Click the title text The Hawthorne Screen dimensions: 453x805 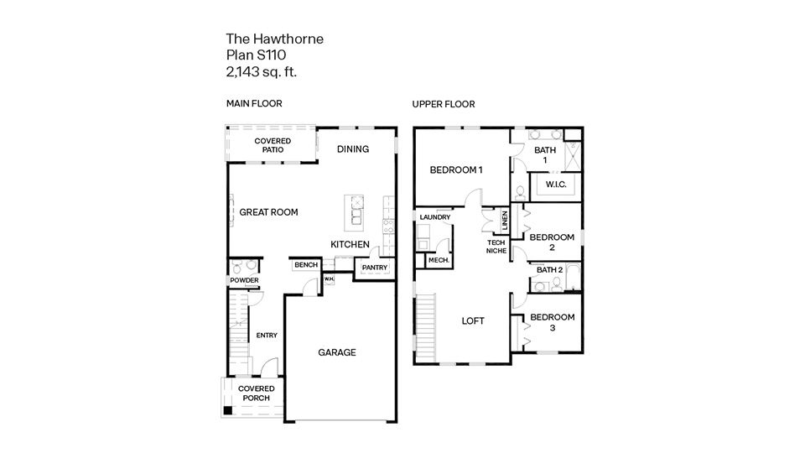pos(274,39)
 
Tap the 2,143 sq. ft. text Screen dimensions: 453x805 pos(262,72)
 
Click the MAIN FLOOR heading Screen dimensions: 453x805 pos(254,104)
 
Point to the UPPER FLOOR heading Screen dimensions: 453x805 pos(443,104)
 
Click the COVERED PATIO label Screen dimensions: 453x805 pos(273,144)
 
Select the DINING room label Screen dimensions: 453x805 pos(353,149)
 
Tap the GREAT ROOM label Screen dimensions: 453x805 pos(268,212)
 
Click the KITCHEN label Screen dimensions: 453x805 pos(350,243)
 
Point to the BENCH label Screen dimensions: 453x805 pos(305,265)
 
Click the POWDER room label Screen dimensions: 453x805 pos(244,280)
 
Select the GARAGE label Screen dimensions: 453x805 pos(336,352)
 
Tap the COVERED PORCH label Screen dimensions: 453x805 pos(256,393)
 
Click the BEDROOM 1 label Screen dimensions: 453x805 pos(456,169)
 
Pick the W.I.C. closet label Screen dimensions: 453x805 pos(558,184)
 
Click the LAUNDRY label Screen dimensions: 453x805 pos(435,217)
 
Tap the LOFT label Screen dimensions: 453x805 pos(473,320)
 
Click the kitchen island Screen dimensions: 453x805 pos(355,211)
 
